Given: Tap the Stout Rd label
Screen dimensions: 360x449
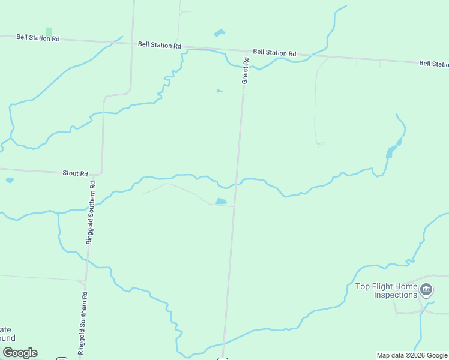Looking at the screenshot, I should (x=75, y=173).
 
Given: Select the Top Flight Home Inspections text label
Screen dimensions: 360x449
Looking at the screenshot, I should (x=387, y=290).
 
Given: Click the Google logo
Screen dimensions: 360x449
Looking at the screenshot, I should (x=20, y=353).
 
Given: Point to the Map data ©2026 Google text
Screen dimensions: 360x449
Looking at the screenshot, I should (x=412, y=355).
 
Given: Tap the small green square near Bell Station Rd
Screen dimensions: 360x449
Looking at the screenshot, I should (x=49, y=31).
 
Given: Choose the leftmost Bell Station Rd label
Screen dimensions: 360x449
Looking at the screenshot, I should (x=38, y=37).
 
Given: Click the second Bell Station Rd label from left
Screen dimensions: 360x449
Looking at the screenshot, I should (x=159, y=45).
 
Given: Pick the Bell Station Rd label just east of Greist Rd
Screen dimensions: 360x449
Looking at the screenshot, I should (x=274, y=53).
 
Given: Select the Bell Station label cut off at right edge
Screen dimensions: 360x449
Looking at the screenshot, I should (x=433, y=64).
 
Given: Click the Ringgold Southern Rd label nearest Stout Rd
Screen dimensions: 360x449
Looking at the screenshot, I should (x=92, y=213).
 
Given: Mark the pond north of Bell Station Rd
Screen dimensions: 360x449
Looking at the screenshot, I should (x=219, y=33).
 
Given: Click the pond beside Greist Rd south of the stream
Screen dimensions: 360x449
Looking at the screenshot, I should (x=221, y=202).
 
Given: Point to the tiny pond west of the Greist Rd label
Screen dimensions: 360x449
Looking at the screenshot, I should (x=219, y=91).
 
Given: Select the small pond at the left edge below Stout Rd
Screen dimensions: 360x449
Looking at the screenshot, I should (x=9, y=180).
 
